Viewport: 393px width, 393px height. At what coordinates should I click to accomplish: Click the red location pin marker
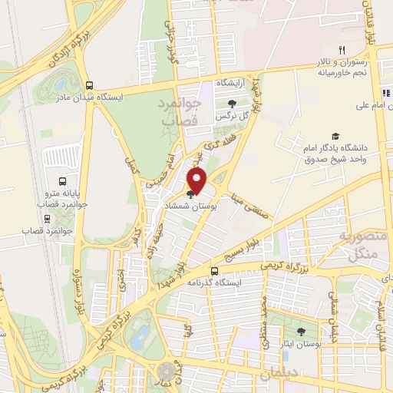[x=198, y=182]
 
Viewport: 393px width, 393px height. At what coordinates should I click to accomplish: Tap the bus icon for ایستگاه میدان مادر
[x=91, y=85]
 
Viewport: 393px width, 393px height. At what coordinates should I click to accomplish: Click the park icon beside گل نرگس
[x=232, y=104]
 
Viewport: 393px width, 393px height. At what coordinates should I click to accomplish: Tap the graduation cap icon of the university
[x=334, y=135]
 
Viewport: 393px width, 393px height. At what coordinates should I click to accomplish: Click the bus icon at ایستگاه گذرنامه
[x=214, y=271]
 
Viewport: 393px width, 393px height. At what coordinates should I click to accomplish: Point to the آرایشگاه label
[x=230, y=81]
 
